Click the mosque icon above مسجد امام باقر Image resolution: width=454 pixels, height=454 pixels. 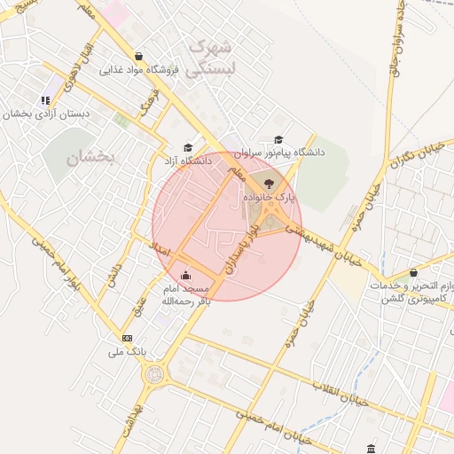coord(184,275)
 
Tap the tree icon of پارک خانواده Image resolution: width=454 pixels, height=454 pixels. coord(270,182)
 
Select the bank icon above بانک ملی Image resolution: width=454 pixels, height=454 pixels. coord(127,338)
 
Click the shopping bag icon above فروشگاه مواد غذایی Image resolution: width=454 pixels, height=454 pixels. coord(139,55)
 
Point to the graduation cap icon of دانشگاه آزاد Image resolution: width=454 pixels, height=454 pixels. coord(187,147)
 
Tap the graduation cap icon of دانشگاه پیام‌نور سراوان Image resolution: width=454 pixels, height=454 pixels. coord(279,139)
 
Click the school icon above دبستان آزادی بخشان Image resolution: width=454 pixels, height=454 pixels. coord(45,100)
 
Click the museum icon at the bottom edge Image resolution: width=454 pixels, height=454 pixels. coord(371,448)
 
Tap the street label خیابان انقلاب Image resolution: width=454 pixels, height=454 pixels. coord(347,394)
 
